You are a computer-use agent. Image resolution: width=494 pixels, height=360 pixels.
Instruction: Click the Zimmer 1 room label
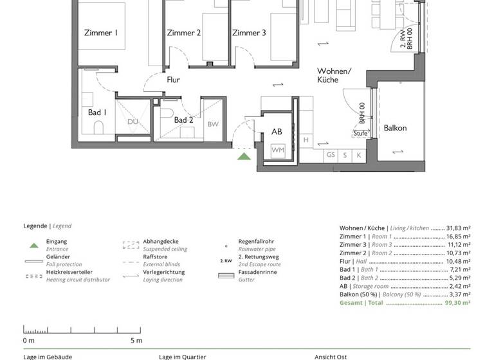click(101, 33)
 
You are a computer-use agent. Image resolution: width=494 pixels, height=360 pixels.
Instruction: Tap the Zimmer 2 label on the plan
click(184, 33)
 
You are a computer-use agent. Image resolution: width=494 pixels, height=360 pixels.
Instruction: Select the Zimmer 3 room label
click(249, 33)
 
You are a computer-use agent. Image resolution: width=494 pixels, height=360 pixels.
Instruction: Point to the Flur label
click(173, 80)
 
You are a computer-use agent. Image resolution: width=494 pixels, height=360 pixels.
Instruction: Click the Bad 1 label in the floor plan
click(97, 113)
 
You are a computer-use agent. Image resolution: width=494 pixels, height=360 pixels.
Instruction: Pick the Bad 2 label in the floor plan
click(183, 120)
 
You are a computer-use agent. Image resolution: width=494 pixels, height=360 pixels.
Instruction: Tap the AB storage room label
click(277, 131)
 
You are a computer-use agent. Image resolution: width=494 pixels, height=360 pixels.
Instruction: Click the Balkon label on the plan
click(395, 128)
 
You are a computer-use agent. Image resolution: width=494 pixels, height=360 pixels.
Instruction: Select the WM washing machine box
click(278, 150)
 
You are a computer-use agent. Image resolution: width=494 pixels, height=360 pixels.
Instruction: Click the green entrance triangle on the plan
click(244, 155)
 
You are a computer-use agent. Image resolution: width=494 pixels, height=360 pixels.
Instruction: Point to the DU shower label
click(133, 122)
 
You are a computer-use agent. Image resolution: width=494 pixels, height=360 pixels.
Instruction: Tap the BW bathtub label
click(213, 124)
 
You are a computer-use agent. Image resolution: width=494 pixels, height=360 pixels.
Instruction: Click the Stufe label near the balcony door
click(360, 134)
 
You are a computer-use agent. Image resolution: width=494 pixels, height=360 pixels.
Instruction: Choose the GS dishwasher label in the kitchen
click(331, 155)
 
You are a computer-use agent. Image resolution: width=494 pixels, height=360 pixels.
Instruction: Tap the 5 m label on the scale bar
click(135, 340)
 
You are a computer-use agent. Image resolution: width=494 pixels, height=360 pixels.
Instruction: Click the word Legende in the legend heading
click(35, 226)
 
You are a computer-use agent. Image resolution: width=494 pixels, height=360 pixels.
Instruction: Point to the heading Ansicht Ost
click(331, 356)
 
